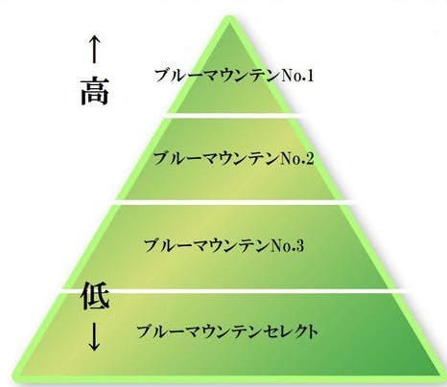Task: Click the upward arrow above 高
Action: pos(94,50)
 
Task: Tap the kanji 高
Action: pos(94,91)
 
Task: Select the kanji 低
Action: pos(96,295)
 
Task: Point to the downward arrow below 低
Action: pos(94,336)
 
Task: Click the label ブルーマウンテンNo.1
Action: pos(234,76)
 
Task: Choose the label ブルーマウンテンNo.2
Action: pos(234,159)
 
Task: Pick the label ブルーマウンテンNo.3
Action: pos(224,245)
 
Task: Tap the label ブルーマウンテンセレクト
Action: pos(227,331)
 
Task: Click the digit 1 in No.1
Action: pos(309,76)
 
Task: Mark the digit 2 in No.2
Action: pos(309,159)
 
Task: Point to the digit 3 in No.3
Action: pos(299,245)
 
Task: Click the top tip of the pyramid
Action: pos(229,16)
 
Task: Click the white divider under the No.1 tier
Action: pos(233,115)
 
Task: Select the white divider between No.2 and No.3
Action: pos(234,202)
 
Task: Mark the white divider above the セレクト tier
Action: pos(235,290)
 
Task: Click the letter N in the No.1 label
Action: pos(284,77)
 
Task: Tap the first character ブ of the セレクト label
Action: pos(145,331)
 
